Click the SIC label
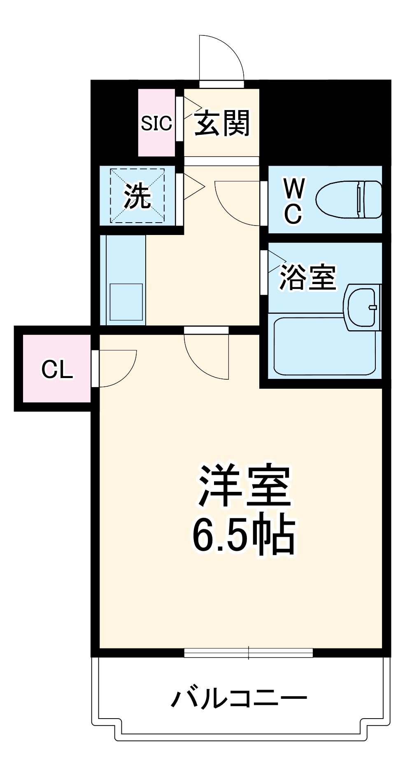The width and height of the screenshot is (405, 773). [x=156, y=122]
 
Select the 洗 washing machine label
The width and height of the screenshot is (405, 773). [x=137, y=196]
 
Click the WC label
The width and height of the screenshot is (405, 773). [x=294, y=201]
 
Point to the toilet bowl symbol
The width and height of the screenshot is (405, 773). [x=348, y=200]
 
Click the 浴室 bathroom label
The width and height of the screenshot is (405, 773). [x=307, y=277]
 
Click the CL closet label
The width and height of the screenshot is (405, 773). [x=57, y=369]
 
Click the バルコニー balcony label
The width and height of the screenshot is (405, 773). [x=239, y=698]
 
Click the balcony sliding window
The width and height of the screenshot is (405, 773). [x=248, y=652]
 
